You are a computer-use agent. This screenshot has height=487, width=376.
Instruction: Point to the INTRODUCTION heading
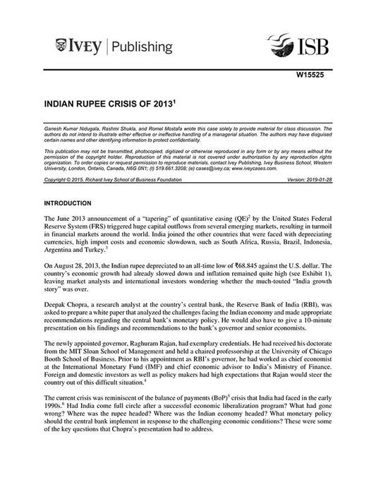(73, 203)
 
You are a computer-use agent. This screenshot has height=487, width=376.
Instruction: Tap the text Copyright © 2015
(65, 180)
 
